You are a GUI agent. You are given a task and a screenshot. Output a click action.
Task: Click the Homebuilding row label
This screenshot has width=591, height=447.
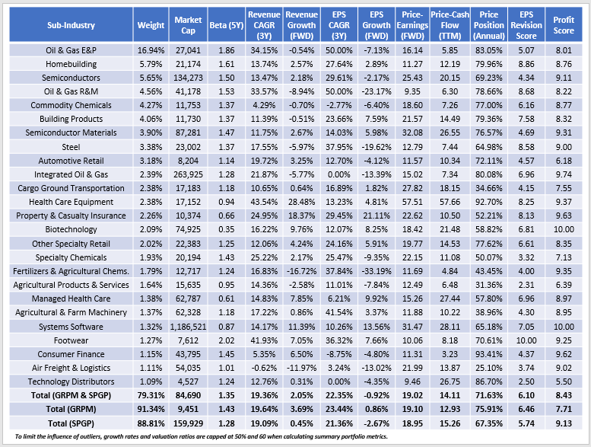(68, 65)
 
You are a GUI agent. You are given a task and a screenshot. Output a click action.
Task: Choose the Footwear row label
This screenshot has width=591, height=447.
(68, 340)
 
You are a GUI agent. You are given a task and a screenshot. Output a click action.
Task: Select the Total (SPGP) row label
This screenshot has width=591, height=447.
(68, 422)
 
